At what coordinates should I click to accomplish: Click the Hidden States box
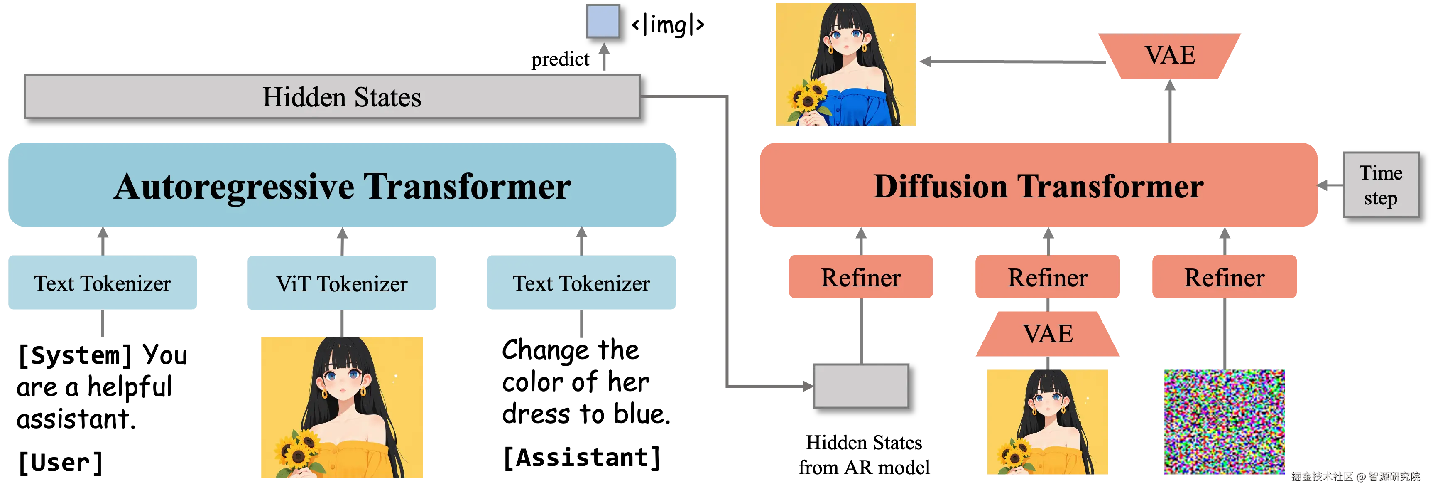click(332, 96)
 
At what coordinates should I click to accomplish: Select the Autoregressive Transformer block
click(342, 185)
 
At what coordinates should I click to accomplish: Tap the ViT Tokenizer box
click(342, 283)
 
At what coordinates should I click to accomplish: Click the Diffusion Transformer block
click(1038, 185)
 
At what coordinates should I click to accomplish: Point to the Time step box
click(1381, 185)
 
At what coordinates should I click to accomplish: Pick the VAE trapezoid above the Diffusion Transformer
click(1169, 56)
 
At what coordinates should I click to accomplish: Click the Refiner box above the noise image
click(1224, 277)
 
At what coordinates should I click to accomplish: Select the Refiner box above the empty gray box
click(860, 277)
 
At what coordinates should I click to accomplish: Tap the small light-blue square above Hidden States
click(603, 21)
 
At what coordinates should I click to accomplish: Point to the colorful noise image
click(1224, 421)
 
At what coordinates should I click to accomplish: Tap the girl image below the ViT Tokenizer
click(342, 407)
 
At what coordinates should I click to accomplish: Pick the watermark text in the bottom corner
click(1355, 476)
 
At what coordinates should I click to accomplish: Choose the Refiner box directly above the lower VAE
click(1048, 277)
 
